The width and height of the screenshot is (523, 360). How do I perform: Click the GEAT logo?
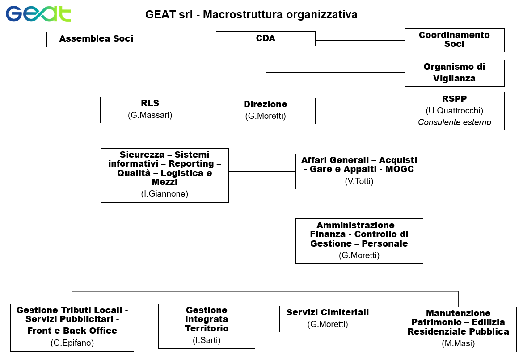point(38,14)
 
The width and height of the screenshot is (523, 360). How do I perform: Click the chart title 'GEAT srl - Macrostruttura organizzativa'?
point(251,15)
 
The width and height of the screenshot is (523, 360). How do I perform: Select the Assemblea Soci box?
point(97,39)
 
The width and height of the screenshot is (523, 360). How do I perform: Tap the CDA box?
point(266,38)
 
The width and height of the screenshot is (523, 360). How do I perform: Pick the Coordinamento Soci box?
point(454,40)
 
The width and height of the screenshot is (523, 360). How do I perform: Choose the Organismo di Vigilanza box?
point(454,73)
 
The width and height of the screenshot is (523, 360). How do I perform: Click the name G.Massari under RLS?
point(150,116)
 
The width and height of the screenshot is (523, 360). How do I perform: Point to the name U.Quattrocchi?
point(454,111)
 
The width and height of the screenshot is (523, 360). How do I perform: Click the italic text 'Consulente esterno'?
point(454,122)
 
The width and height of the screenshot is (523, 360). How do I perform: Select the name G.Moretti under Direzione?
point(266,116)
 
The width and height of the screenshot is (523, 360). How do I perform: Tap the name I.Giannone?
point(164,193)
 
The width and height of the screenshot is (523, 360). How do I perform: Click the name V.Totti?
point(359,181)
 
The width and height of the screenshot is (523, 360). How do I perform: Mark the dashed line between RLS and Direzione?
point(208,110)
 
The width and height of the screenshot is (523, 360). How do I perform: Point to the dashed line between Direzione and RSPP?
point(360,111)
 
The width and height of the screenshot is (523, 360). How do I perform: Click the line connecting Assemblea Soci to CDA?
point(181,39)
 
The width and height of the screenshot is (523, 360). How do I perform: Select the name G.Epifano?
point(72,343)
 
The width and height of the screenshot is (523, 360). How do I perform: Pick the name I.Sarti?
point(207,340)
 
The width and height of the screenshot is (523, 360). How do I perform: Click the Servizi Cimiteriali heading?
point(328,313)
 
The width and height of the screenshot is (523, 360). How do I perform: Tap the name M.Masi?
point(458,343)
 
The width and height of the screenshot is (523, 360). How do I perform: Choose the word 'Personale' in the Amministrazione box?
point(384,243)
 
